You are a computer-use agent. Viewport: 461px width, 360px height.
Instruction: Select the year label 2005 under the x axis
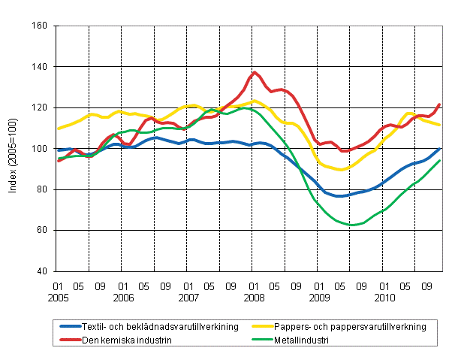tap(56, 298)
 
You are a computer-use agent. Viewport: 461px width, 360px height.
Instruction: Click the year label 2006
tap(122, 298)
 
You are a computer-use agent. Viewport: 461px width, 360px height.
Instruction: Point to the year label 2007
tap(188, 298)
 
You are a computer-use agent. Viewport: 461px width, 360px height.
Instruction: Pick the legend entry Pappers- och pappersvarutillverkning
tap(353, 327)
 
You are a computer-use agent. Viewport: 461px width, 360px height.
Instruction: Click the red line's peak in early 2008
tap(255, 72)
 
